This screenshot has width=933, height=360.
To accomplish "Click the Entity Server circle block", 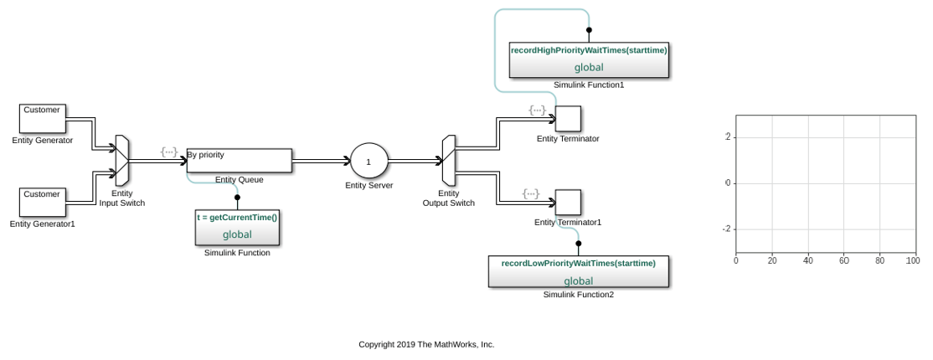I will point(369,161).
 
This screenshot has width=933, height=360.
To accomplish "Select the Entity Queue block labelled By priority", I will point(239,161).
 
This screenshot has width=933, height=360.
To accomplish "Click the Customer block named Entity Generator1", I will point(42,201).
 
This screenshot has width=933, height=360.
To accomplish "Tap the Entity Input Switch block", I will point(122,161).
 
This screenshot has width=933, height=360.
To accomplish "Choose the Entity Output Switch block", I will point(448,161).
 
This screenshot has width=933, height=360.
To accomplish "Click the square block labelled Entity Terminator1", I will point(568,202).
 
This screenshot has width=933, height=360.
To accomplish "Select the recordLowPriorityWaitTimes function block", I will point(578,272).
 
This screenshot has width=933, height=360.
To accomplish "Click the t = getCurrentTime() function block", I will point(237,227).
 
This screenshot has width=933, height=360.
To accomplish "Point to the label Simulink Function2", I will point(578,295).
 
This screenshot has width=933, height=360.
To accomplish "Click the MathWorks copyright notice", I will point(426,344).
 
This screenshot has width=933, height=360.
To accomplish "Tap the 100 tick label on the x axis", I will point(912,261).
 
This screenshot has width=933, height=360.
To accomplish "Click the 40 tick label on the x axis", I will point(807,261).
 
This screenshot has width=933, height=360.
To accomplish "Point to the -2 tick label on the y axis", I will point(728,229).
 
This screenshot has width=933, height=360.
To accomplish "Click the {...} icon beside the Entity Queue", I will point(169,152).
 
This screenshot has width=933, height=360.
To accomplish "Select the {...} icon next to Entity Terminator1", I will point(530,194).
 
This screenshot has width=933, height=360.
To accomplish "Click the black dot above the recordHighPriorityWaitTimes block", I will point(589,30).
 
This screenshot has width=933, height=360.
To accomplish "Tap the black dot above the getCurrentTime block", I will point(237,198).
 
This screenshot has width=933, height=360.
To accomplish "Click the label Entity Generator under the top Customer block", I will point(42,141).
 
